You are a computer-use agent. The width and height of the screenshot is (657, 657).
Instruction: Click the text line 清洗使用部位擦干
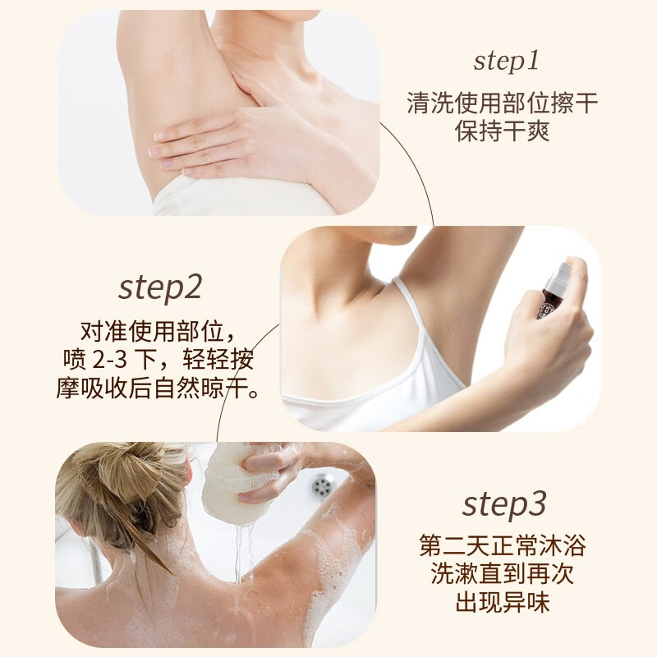503,104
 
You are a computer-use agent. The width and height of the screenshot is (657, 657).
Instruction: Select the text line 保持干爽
503,131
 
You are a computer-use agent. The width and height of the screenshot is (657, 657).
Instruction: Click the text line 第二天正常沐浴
503,546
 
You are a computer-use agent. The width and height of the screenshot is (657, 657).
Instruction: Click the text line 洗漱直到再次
503,575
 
